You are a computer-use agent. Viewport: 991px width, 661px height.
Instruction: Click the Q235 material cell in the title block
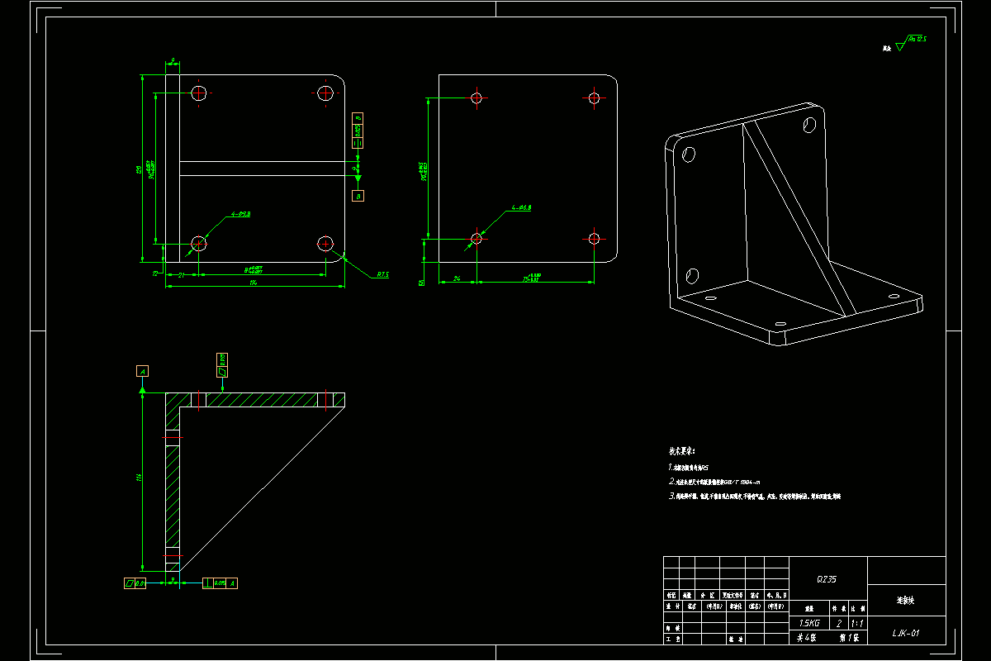(827, 579)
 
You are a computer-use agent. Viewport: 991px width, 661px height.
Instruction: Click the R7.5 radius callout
(382, 274)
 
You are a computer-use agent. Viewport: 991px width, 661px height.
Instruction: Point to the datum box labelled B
(358, 196)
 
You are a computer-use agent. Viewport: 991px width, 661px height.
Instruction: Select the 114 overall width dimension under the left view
(253, 283)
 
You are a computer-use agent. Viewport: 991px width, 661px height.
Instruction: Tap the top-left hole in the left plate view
(199, 93)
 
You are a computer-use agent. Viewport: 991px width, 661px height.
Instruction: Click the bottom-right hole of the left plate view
(325, 243)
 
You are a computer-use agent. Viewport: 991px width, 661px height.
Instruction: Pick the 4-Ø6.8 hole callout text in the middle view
(520, 207)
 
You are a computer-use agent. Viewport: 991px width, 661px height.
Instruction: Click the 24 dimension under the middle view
(457, 278)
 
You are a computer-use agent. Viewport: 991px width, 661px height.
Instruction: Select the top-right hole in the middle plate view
(594, 97)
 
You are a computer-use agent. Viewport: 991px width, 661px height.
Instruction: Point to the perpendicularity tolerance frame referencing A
(220, 583)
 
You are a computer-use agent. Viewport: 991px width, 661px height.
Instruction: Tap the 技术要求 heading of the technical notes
(682, 452)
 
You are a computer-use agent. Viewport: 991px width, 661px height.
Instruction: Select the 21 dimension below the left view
(181, 275)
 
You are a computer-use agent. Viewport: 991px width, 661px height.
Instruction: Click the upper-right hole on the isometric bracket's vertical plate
(810, 126)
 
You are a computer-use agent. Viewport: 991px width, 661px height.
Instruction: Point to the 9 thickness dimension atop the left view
(173, 60)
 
